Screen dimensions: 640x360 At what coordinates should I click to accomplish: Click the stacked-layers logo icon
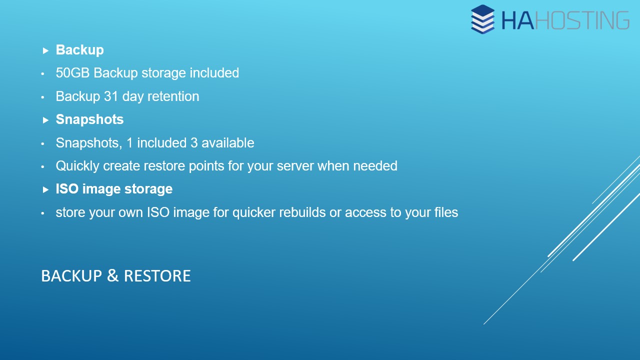pyautogui.click(x=482, y=19)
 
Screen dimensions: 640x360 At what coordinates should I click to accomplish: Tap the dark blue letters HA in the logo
pyautogui.click(x=517, y=20)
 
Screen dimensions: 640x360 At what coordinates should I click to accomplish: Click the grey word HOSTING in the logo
pyautogui.click(x=582, y=20)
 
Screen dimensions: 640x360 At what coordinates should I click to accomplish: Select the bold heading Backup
pyautogui.click(x=79, y=50)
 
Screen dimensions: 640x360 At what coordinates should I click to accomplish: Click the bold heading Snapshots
pyautogui.click(x=89, y=119)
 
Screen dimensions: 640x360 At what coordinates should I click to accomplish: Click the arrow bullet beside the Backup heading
pyautogui.click(x=45, y=51)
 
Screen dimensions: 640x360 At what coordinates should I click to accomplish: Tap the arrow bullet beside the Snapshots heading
pyautogui.click(x=45, y=120)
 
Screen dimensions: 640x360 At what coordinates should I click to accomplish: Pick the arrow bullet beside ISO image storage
pyautogui.click(x=45, y=189)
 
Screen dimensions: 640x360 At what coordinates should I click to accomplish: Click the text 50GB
pyautogui.click(x=73, y=73)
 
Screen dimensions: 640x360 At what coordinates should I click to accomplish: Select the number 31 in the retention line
pyautogui.click(x=111, y=96)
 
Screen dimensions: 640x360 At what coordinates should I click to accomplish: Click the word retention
pyautogui.click(x=173, y=96)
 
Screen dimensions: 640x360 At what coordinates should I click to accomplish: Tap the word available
pyautogui.click(x=227, y=143)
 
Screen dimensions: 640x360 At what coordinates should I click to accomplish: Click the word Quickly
pyautogui.click(x=77, y=166)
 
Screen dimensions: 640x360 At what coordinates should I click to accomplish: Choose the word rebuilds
pyautogui.click(x=302, y=212)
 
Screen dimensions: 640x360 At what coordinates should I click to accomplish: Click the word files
pyautogui.click(x=446, y=212)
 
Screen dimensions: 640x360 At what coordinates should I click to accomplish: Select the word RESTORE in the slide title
pyautogui.click(x=157, y=276)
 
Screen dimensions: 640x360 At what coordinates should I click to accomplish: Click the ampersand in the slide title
pyautogui.click(x=113, y=275)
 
